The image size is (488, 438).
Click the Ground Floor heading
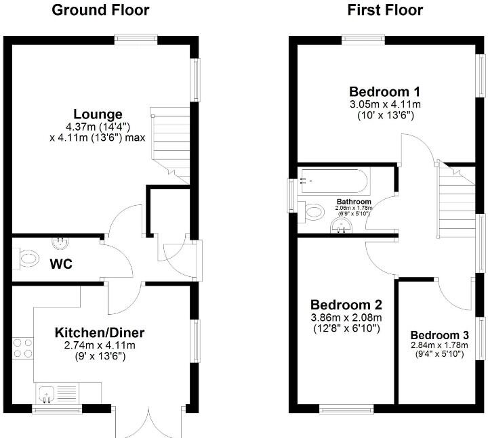pyautogui.click(x=100, y=10)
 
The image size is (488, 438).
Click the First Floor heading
pyautogui.click(x=385, y=10)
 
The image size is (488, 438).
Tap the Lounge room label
pyautogui.click(x=99, y=114)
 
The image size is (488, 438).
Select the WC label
pyautogui.click(x=60, y=264)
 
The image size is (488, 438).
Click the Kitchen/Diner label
pyautogui.click(x=100, y=332)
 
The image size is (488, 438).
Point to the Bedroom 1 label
pyautogui.click(x=385, y=91)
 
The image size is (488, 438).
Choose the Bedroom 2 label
pyautogui.click(x=346, y=305)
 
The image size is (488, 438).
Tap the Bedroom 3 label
pyautogui.click(x=439, y=335)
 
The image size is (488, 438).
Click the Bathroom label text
pyautogui.click(x=354, y=202)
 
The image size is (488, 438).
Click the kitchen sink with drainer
pyautogui.click(x=58, y=393)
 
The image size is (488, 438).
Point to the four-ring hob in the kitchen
pyautogui.click(x=22, y=347)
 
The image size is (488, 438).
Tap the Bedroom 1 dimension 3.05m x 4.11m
pyautogui.click(x=385, y=104)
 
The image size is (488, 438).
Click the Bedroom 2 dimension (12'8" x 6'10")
pyautogui.click(x=346, y=329)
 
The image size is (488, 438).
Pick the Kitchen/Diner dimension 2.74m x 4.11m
pyautogui.click(x=100, y=345)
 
